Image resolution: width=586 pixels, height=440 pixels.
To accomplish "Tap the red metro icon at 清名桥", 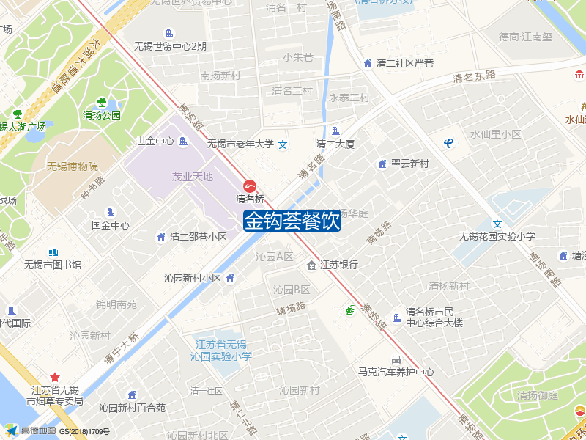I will (250, 186).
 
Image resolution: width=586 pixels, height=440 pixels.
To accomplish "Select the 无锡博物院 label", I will (72, 166).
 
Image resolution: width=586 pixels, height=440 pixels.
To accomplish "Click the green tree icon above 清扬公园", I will (102, 103).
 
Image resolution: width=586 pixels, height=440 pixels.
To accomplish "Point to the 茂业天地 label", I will (192, 177).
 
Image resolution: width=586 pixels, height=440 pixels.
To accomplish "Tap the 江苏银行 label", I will (338, 265).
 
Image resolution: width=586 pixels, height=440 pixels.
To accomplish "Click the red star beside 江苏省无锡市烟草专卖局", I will (55, 377).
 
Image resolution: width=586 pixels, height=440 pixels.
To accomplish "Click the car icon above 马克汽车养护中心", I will (396, 359).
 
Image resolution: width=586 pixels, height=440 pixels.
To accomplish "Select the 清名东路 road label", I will (474, 76).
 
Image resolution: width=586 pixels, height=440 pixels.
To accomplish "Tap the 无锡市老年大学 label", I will (240, 144).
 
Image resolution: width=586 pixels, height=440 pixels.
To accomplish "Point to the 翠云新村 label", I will (409, 164).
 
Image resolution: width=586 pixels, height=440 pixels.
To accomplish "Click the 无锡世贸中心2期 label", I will (170, 46).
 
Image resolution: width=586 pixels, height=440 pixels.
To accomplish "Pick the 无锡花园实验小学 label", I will (497, 236).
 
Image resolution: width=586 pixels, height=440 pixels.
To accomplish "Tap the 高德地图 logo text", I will (38, 430).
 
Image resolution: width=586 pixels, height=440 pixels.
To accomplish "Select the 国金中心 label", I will (110, 225).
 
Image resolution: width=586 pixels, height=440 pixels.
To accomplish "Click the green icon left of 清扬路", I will (351, 310).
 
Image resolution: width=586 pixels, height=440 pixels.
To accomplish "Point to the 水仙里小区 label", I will (495, 134).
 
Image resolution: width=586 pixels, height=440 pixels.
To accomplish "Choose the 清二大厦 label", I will (335, 144).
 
